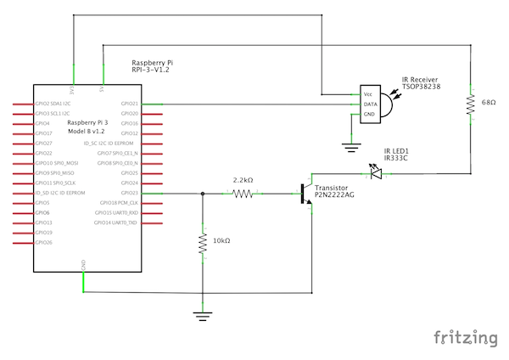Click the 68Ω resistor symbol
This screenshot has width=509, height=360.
[469, 104]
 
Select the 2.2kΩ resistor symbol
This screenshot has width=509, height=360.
[243, 194]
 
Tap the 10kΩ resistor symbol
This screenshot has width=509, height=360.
[203, 244]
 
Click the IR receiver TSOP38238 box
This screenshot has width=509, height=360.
[370, 104]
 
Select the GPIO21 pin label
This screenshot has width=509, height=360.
[130, 104]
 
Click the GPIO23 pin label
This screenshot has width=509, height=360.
[130, 194]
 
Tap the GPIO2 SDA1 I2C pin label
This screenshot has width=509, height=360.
[53, 104]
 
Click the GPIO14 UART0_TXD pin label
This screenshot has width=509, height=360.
[116, 222]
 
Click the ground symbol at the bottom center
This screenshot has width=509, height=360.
[203, 316]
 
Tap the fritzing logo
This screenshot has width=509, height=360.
[466, 338]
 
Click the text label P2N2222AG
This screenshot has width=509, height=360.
[335, 194]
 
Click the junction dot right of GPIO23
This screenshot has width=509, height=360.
[203, 194]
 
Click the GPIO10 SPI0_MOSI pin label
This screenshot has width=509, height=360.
[55, 163]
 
